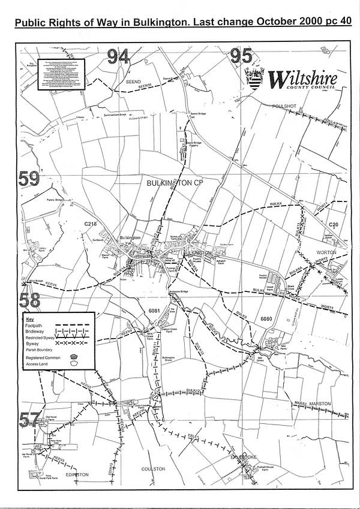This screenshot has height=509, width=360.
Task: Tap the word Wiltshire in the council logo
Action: (302, 78)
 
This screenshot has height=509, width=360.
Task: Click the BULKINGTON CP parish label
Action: (172, 182)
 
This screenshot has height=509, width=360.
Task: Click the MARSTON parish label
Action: (319, 404)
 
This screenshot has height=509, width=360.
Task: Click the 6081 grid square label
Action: (155, 311)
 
